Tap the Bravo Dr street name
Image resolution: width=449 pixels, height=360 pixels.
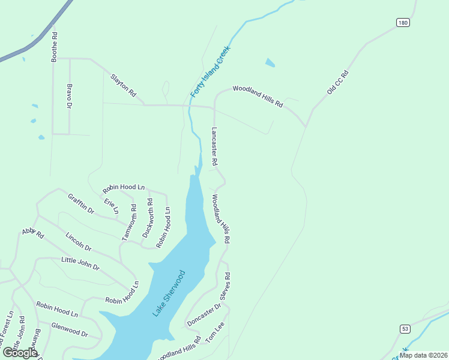pos(69,97)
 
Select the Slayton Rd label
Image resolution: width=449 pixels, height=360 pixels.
pos(124,85)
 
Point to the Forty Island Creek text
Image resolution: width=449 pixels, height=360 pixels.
pos(211,75)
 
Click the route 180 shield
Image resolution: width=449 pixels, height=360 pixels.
pos(403,23)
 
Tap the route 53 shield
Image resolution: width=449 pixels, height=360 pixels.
pos(406,329)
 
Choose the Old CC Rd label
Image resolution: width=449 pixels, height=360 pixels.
pos(337,82)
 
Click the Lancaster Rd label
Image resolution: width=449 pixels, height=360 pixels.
pos(214,146)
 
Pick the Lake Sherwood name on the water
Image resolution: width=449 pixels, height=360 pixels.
pos(169,293)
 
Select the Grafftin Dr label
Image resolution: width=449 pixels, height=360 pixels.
pos(81,204)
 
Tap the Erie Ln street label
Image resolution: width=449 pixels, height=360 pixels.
pos(112,206)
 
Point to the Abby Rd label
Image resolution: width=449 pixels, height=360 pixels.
pos(33,233)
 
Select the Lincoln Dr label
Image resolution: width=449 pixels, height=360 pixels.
pos(79,242)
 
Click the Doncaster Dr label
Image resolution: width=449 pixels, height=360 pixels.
pos(204,314)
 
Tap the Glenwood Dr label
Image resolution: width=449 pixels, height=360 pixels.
pos(70,330)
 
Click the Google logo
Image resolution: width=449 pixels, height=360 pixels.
pos(20,353)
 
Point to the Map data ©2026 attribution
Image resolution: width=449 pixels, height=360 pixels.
pos(423,355)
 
